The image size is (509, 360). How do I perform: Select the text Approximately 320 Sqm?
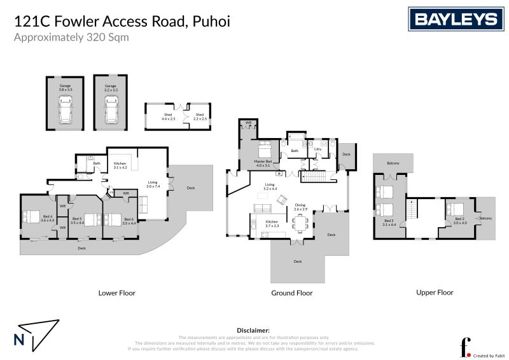71,37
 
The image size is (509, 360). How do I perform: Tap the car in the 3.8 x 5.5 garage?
65,113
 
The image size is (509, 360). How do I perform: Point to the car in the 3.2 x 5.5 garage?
111,113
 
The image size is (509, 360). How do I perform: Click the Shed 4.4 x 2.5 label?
167,116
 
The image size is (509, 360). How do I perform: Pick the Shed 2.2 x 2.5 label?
199,116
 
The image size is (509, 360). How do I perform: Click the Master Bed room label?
264,163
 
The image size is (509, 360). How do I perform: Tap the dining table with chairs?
300,223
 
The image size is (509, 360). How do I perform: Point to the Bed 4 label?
48,218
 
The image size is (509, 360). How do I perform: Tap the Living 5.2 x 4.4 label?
271,188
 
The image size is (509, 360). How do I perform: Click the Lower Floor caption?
117,293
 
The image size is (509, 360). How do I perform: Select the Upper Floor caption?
435,293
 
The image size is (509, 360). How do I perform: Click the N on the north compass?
19,339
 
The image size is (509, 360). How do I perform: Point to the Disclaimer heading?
253,331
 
